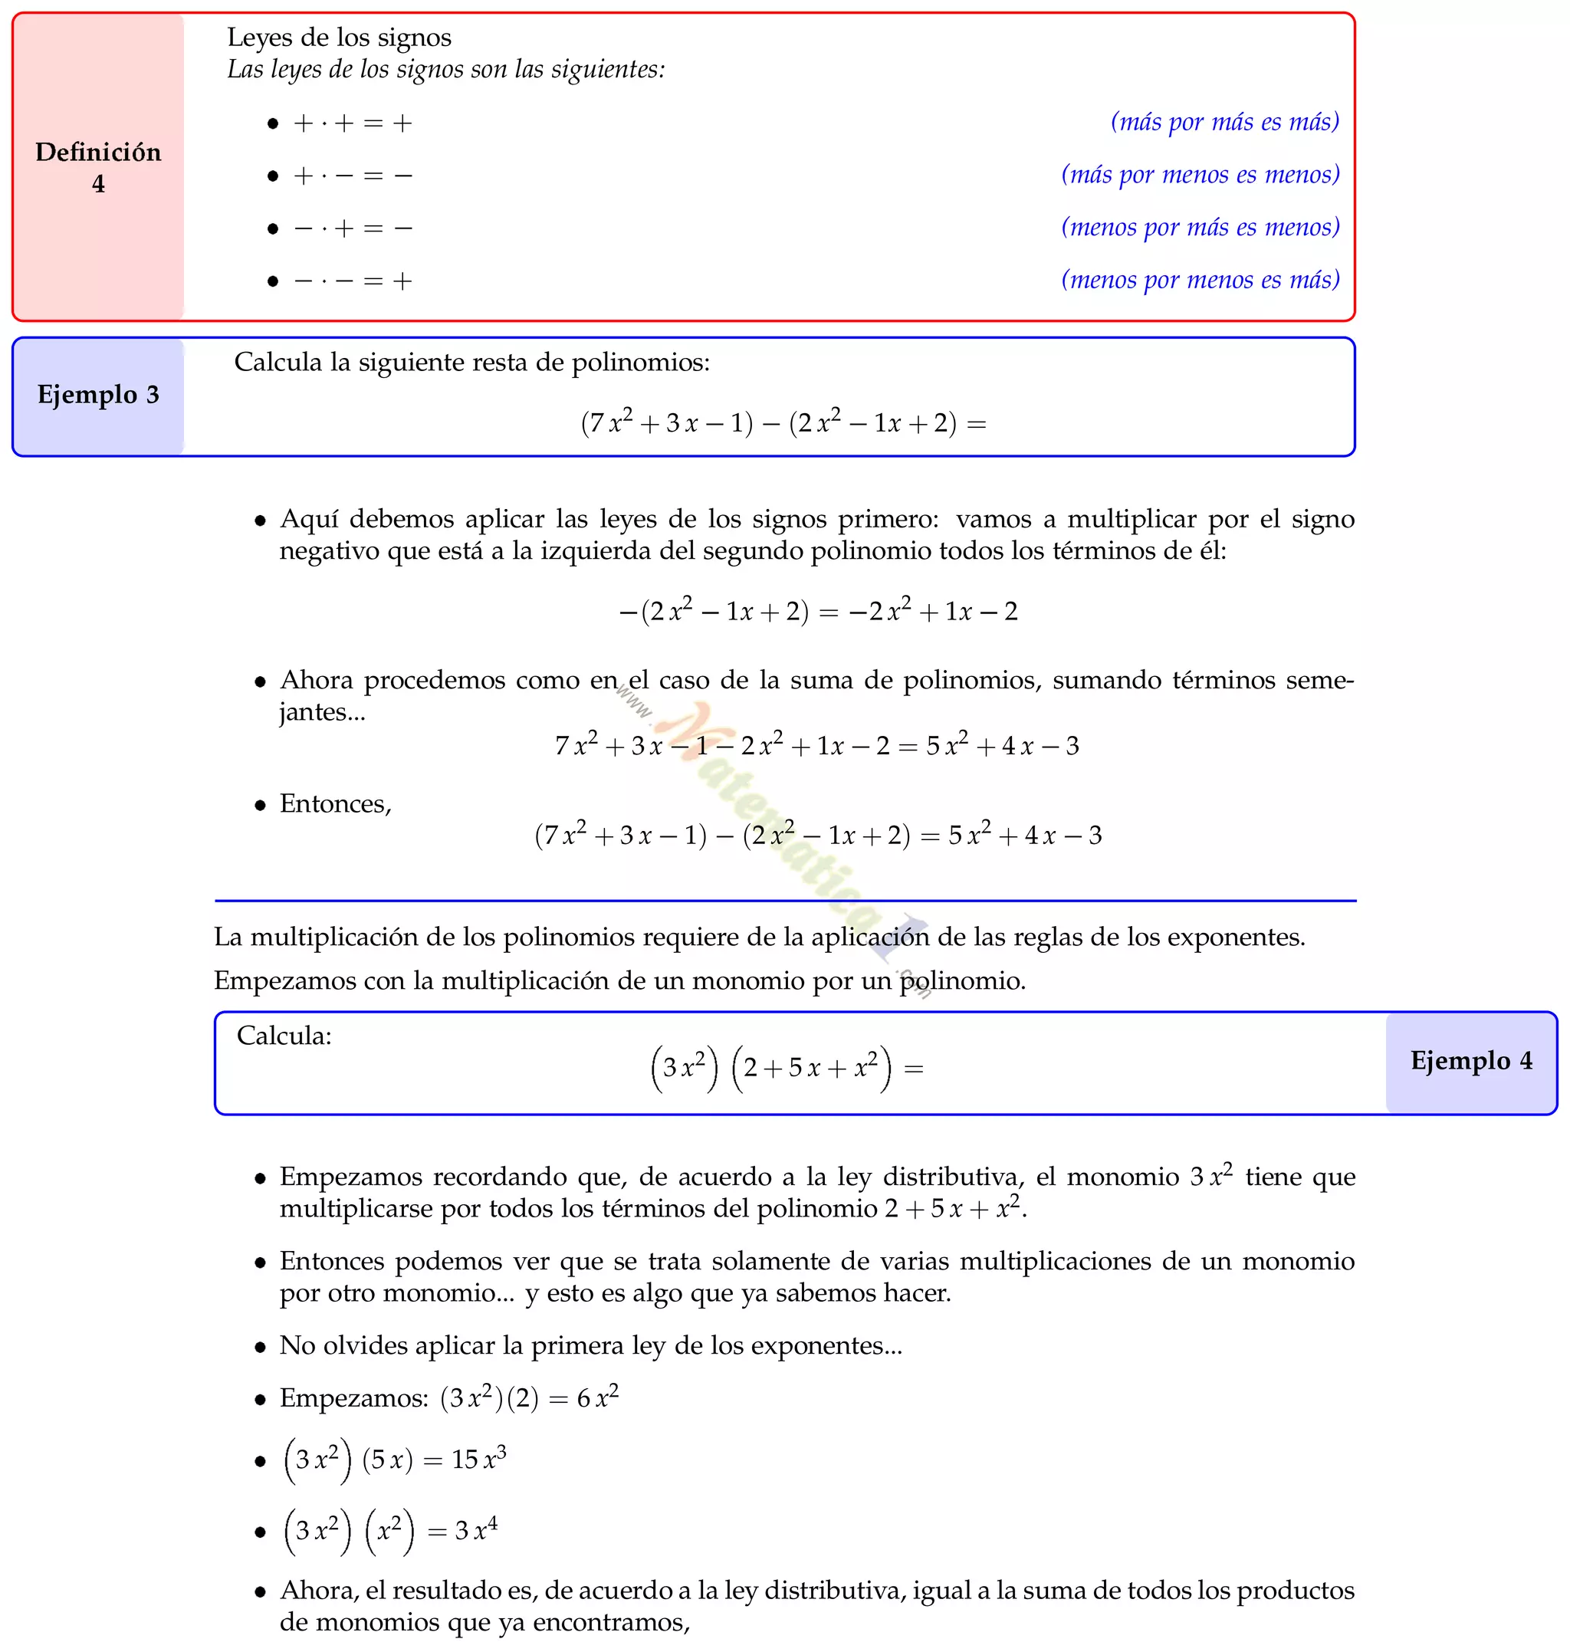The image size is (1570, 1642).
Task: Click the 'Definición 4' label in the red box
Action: click(98, 167)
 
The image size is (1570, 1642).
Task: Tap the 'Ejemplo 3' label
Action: click(98, 394)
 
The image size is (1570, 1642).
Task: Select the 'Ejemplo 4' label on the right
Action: click(1470, 1060)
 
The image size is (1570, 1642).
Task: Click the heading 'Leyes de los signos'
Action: click(339, 38)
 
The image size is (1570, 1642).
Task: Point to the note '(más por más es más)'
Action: click(1224, 122)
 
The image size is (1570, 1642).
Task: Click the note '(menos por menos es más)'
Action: click(1200, 280)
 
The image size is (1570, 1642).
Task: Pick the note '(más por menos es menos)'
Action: click(1200, 175)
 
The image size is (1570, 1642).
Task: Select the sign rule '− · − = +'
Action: click(353, 281)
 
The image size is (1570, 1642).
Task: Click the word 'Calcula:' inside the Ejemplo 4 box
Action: click(284, 1036)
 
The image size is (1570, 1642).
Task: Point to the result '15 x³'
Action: click(478, 1459)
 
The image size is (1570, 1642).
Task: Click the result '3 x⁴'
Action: click(475, 1530)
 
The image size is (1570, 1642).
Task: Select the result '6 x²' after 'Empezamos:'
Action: click(597, 1397)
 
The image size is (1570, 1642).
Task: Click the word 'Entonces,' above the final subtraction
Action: click(335, 803)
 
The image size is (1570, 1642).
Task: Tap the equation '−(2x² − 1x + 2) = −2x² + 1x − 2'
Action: click(818, 610)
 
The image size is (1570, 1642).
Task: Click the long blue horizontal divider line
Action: click(785, 901)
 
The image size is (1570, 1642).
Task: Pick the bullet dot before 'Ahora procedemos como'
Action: click(261, 682)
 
